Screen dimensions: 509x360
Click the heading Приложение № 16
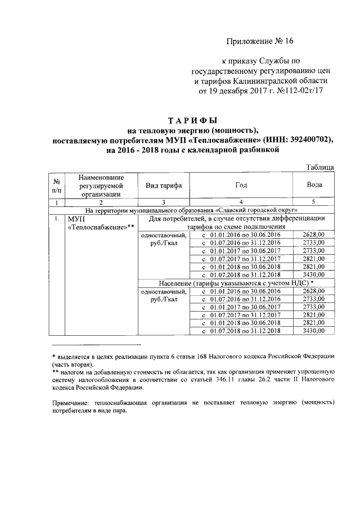(260, 42)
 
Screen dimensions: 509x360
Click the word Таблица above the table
(321, 167)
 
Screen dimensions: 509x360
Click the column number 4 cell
(240, 201)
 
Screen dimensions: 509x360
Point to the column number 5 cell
(314, 201)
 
